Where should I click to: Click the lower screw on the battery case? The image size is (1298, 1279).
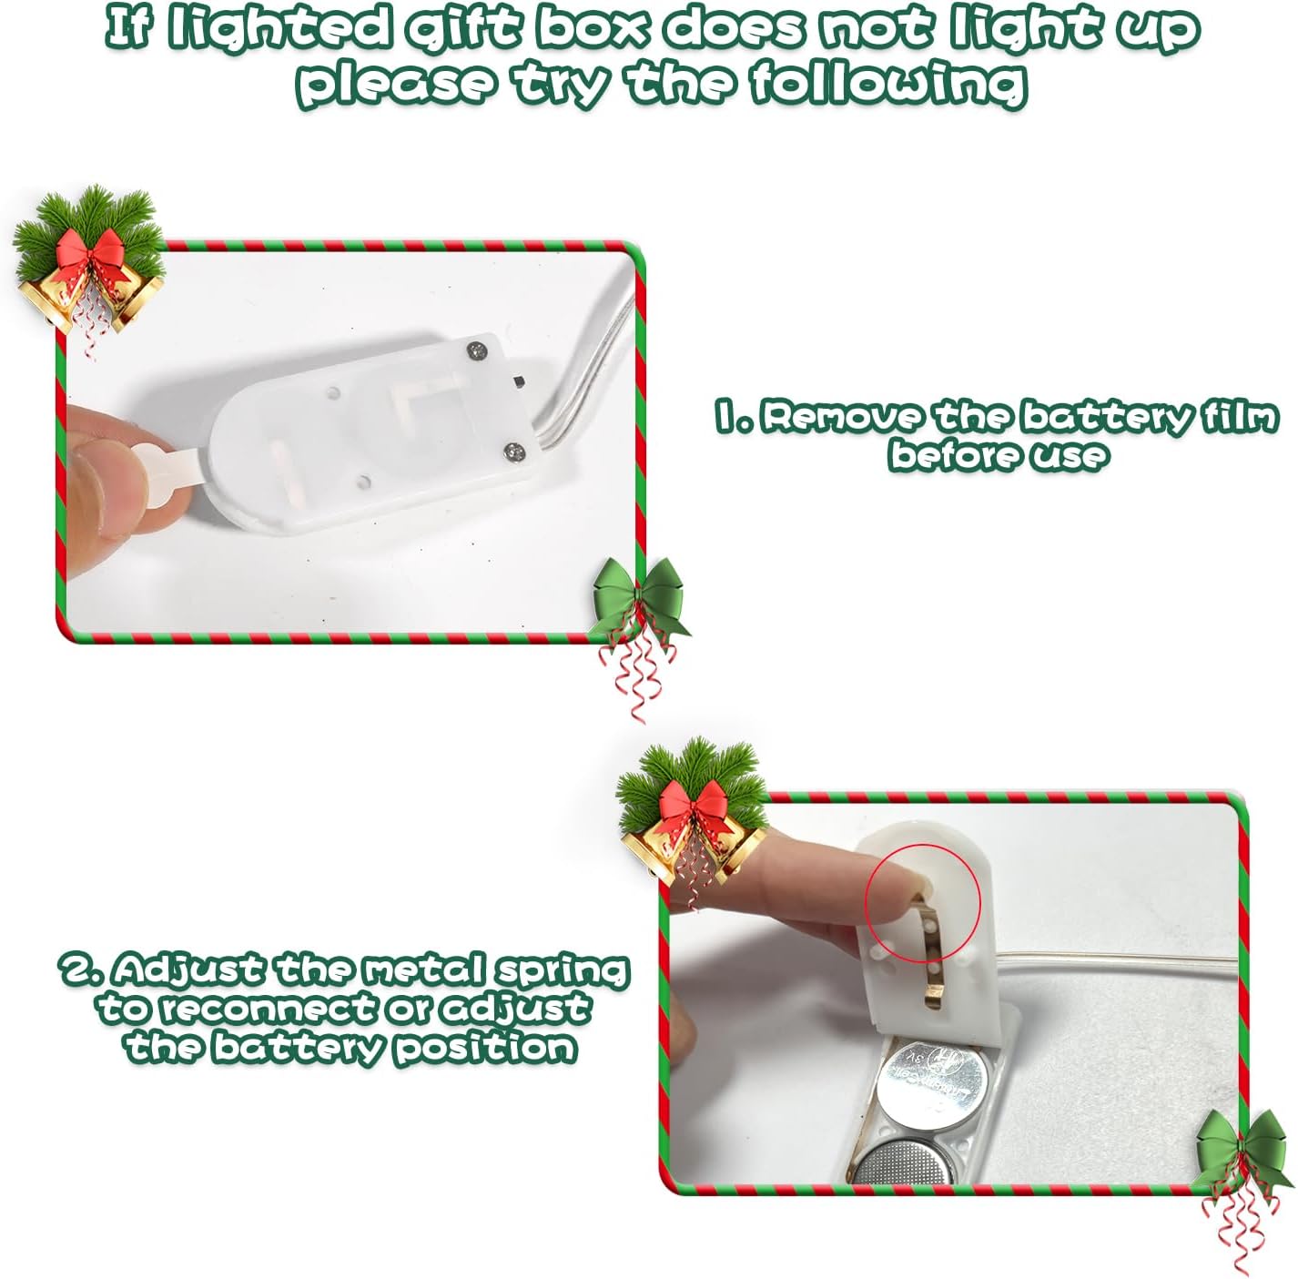pyautogui.click(x=513, y=450)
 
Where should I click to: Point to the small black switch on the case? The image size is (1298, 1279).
pyautogui.click(x=519, y=381)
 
